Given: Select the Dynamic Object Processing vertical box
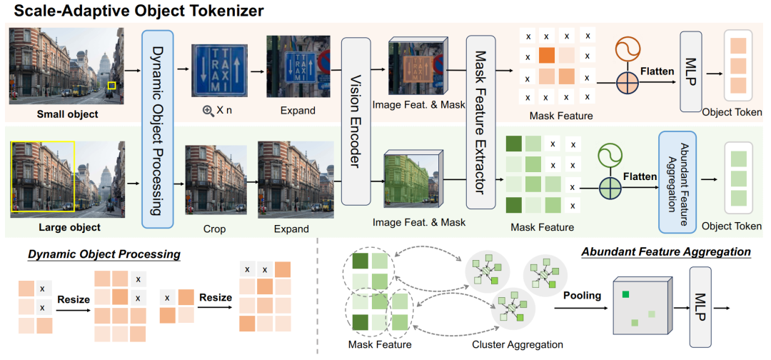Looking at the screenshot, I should pyautogui.click(x=158, y=128).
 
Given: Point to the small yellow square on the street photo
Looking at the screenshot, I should pyautogui.click(x=111, y=86).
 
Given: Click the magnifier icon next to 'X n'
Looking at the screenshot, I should pyautogui.click(x=209, y=111).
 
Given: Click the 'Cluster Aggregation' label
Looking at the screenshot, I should pyautogui.click(x=518, y=344).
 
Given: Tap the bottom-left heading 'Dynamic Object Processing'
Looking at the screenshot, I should pyautogui.click(x=104, y=254).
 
